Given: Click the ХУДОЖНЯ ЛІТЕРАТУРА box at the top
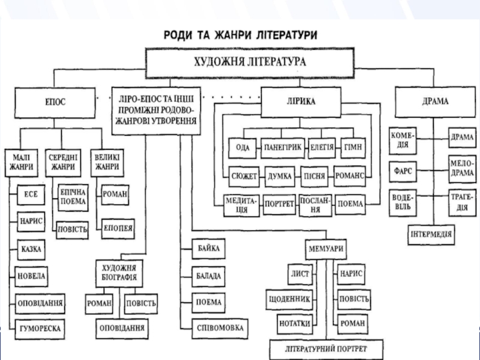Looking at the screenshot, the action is [x=250, y=63].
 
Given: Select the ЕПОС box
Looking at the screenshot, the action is [x=55, y=103].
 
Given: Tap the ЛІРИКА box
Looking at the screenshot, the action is [x=301, y=102].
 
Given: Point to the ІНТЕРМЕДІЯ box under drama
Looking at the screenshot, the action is [x=431, y=235].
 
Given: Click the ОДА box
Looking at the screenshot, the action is [x=242, y=148].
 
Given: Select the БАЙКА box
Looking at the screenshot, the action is [x=208, y=248].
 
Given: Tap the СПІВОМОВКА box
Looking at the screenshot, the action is [x=220, y=328].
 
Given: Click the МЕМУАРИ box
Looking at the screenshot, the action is [x=326, y=249].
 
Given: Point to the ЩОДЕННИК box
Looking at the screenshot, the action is [x=289, y=299].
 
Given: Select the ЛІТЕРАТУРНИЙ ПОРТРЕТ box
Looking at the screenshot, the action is [x=326, y=349].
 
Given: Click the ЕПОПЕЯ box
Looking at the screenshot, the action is [x=118, y=229].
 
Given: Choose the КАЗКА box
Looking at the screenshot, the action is [x=31, y=250].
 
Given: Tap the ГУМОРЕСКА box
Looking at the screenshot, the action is [x=40, y=329].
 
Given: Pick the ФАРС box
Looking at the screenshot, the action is [x=403, y=172].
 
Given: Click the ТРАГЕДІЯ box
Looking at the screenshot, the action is [x=462, y=203].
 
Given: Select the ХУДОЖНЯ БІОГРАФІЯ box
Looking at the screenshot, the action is [x=119, y=274].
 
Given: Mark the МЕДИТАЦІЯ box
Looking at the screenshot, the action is [x=242, y=206].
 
